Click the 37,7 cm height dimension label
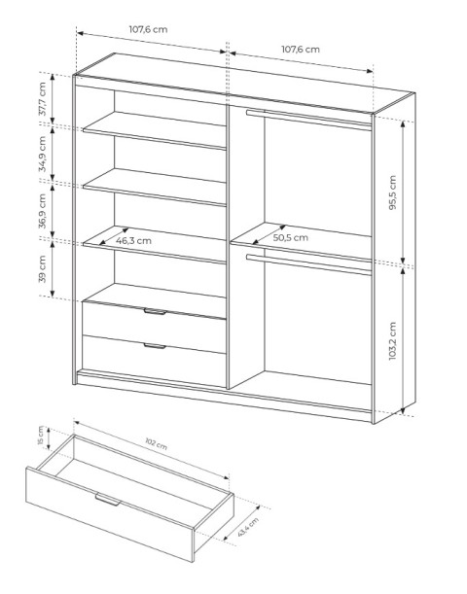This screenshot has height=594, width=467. coord(43,99)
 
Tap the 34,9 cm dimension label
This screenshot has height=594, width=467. coord(43,155)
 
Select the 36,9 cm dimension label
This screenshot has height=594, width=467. coord(43,211)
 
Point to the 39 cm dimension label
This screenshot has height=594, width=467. coord(43,269)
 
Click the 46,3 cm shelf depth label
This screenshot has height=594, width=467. coord(133,240)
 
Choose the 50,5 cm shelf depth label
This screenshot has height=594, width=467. coord(290,237)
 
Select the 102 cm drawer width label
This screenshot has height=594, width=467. coord(157,443)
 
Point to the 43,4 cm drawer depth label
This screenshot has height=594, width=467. coord(248,527)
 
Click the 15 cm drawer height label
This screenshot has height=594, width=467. coord(41,437)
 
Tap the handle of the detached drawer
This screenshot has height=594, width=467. coord(108,500)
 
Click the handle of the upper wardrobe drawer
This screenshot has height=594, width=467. coord(155,311)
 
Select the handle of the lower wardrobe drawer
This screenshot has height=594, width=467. coord(155,345)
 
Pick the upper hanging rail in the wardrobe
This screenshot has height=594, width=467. coord(308,120)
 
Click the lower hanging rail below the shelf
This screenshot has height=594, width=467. coord(308,264)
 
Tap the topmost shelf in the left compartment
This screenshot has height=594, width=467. coord(155,130)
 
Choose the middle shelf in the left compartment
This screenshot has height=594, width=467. coord(155,187)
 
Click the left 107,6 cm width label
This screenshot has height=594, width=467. coord(148,29)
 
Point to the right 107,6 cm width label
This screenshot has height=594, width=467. coord(301,49)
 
